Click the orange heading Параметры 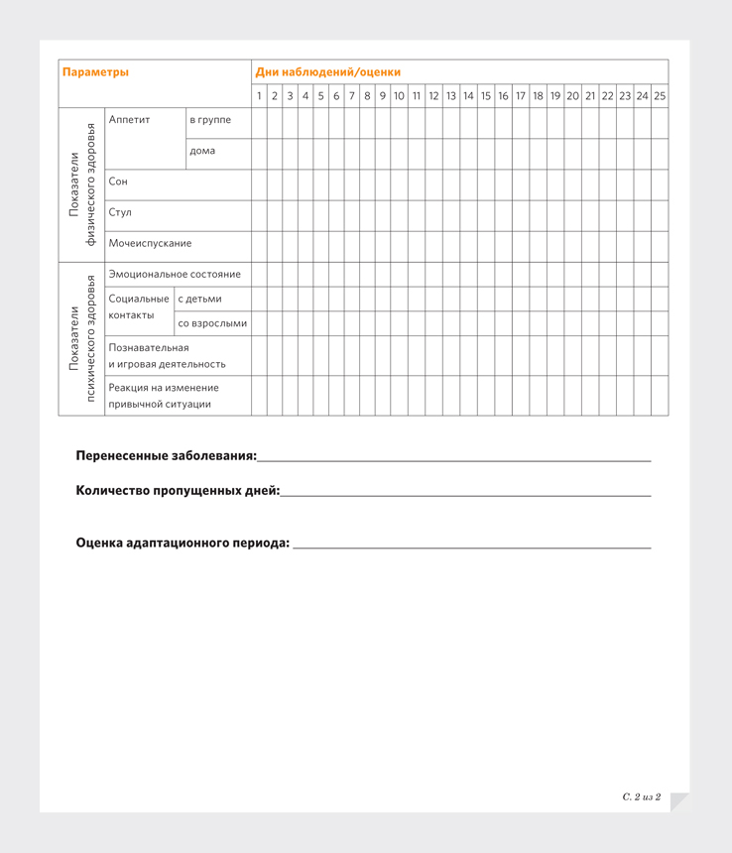(95, 72)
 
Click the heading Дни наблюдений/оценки (328, 72)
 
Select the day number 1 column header (260, 96)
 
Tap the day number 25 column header (660, 96)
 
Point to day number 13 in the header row (451, 96)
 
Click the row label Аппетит (130, 120)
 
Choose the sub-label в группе (210, 120)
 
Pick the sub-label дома (202, 151)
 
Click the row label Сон (119, 182)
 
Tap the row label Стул (120, 212)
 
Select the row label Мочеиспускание (151, 243)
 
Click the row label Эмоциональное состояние (175, 274)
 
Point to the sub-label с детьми (200, 299)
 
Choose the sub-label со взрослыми (212, 323)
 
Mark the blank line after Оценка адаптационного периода (471, 547)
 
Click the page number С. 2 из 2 (642, 796)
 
